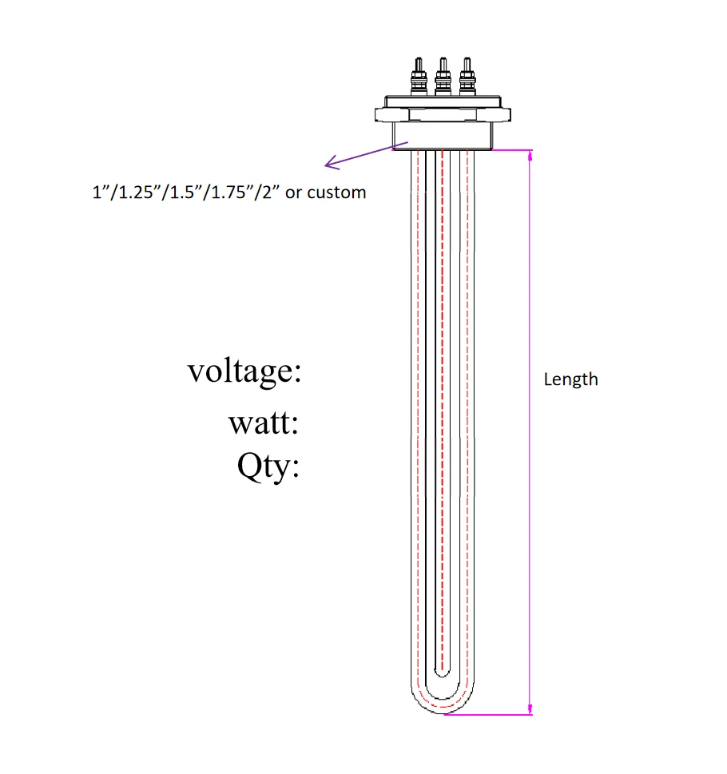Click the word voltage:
[x=244, y=372]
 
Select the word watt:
[x=264, y=423]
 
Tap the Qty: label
[x=268, y=466]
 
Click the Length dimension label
[x=570, y=379]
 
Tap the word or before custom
[x=294, y=193]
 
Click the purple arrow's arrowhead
[x=330, y=165]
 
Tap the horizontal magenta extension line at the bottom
[x=487, y=715]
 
